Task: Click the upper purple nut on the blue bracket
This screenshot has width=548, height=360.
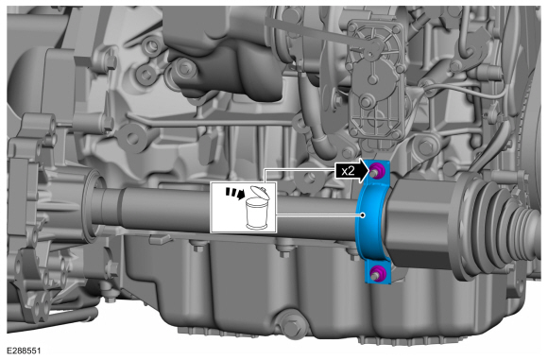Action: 377,170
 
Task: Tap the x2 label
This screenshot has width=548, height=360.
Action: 348,171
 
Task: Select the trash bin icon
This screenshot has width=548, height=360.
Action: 257,208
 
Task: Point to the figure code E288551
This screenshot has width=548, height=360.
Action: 24,351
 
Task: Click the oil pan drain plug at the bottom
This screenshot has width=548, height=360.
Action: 290,326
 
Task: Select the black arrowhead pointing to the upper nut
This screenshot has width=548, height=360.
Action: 363,171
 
